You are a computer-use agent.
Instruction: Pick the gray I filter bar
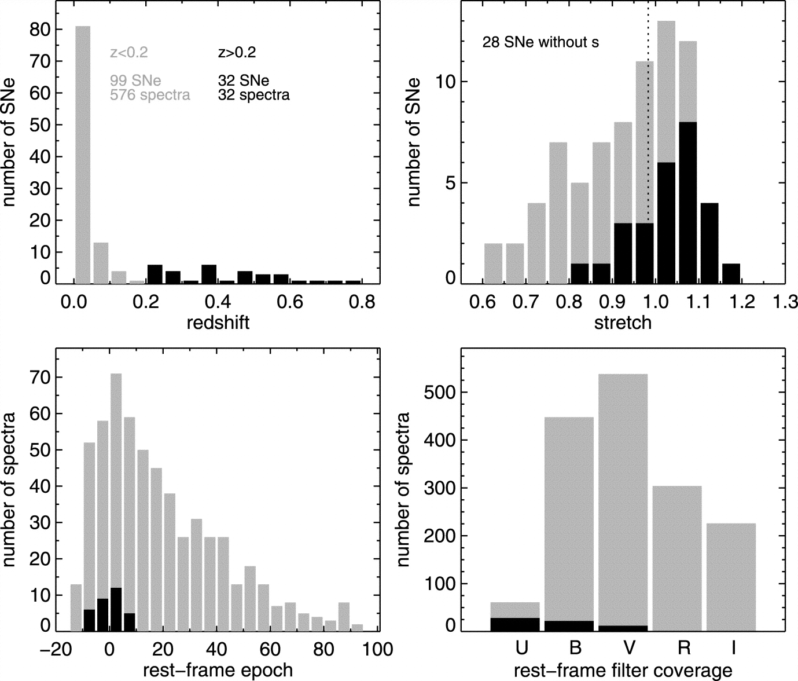[x=731, y=577]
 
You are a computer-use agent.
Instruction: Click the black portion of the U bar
[x=515, y=624]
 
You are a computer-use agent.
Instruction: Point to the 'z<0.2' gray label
[x=129, y=53]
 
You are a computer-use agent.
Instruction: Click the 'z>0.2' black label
[x=237, y=53]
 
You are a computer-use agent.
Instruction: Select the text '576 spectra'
[x=150, y=94]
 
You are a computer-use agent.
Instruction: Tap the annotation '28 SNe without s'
[x=540, y=42]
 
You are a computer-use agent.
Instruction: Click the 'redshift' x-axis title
[x=218, y=323]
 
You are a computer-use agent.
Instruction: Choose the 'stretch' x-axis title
[x=623, y=323]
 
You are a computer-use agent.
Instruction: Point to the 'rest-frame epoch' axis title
[x=218, y=671]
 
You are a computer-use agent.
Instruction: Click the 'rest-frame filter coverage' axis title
[x=623, y=671]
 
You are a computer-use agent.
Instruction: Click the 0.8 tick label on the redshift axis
[x=361, y=302]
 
